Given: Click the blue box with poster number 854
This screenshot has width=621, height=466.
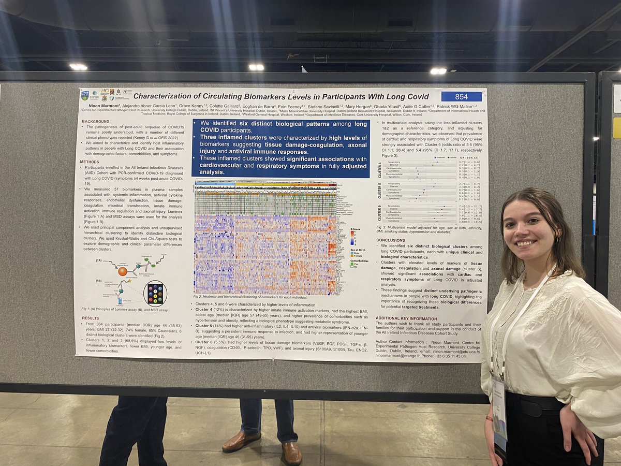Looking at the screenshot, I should point(461,96).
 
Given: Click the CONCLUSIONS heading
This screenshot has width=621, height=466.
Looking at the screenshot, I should point(391,240).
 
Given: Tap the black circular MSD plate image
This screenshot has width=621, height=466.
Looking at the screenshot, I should point(155,294).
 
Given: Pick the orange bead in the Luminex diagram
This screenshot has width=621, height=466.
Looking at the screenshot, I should point(123,271).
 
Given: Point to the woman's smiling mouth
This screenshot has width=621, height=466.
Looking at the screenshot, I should point(524,242).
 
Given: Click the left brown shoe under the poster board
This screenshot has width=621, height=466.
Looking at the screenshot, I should point(241,441).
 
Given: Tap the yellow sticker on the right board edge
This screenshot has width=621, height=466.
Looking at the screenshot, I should point(616,127).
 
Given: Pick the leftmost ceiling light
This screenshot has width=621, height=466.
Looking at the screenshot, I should point(79,67).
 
